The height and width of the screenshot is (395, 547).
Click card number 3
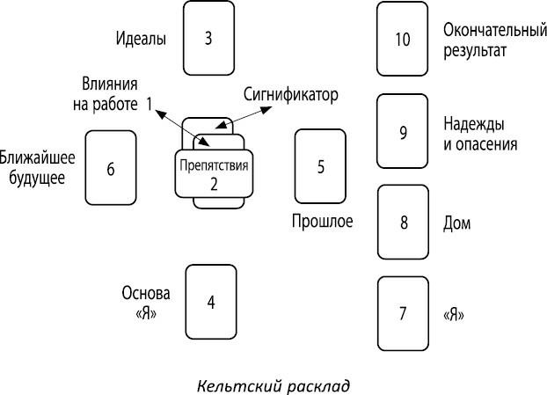[x=209, y=39]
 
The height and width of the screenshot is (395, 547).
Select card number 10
[x=403, y=39]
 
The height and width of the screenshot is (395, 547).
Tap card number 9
[x=403, y=132]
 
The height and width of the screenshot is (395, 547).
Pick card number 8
[x=403, y=221]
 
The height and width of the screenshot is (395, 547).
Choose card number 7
[x=403, y=312]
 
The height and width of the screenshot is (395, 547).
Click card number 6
[x=111, y=167]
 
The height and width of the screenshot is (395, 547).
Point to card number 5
[x=320, y=165]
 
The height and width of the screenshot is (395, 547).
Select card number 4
[x=211, y=301]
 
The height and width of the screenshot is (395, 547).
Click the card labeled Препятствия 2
[x=214, y=173]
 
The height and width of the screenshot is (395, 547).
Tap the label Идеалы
[x=142, y=39]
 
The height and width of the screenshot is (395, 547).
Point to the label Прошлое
[x=322, y=221]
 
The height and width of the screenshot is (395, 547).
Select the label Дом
[x=458, y=223]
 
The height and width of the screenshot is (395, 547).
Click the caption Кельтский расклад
[x=273, y=384]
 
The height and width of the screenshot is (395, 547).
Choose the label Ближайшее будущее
[x=37, y=167]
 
